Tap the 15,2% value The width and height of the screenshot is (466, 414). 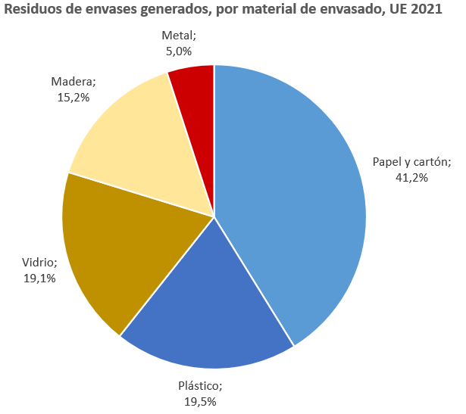(x=73, y=97)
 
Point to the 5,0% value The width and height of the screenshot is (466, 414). (x=179, y=51)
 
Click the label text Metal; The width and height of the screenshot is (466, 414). (x=179, y=36)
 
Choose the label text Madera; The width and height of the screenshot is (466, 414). (x=73, y=82)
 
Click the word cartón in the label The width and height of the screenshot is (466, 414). (x=433, y=162)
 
